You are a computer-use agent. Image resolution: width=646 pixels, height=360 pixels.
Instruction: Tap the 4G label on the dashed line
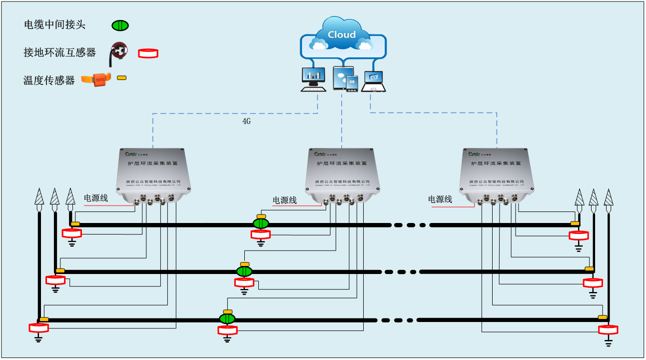(246, 121)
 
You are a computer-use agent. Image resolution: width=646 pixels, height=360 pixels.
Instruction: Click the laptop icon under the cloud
(374, 81)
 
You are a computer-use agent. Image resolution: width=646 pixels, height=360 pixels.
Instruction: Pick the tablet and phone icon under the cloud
(346, 79)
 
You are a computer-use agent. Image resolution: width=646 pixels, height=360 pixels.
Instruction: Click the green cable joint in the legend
(120, 25)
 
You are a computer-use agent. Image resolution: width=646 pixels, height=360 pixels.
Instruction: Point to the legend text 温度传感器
(49, 80)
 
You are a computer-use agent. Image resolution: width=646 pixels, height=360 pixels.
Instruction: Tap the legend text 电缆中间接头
(54, 25)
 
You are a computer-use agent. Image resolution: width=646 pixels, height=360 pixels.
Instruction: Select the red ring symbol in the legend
(148, 53)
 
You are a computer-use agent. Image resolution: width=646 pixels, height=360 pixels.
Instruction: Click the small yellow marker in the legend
(121, 78)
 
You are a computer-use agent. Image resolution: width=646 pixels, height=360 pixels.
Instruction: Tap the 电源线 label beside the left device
(95, 198)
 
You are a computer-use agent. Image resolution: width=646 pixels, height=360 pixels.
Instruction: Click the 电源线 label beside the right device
(440, 199)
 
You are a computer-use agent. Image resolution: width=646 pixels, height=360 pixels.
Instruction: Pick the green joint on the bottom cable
(227, 318)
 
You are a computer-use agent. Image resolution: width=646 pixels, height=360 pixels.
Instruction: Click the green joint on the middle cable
(244, 271)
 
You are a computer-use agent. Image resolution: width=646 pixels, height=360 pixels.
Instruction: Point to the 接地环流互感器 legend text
(59, 52)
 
